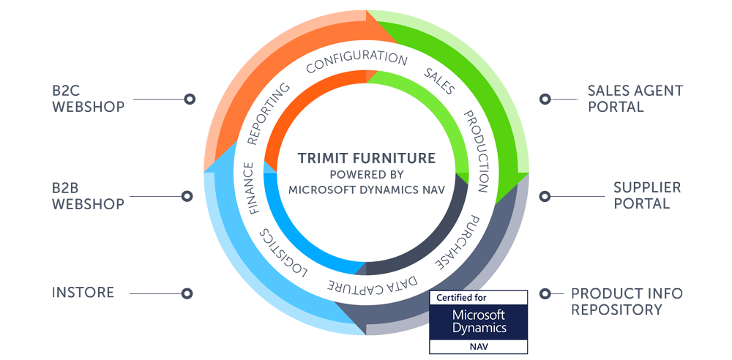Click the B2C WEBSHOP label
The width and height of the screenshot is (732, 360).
88,99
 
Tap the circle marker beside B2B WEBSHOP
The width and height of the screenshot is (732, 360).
187,196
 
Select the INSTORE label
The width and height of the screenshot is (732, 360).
83,293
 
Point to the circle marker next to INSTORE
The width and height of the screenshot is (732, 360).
187,293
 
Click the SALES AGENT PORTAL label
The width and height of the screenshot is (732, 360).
635,99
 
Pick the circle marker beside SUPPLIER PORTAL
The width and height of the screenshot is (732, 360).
545,196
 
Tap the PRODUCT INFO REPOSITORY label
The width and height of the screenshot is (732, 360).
627,301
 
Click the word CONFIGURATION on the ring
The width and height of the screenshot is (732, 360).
356,61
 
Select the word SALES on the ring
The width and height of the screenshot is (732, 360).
438,81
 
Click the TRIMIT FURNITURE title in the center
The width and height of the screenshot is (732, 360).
367,158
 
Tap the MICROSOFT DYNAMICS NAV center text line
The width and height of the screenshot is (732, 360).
367,190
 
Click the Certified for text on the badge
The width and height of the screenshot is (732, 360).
460,297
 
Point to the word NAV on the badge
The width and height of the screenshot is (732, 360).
478,347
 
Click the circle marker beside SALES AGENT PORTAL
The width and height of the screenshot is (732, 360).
545,99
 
